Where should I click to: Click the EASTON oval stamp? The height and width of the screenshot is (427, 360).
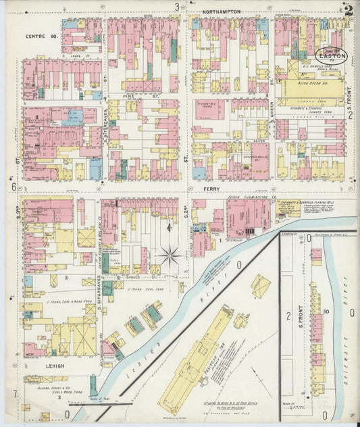(332, 55)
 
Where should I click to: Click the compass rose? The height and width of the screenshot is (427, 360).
(169, 256)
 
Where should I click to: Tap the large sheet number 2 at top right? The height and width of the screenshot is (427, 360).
(348, 9)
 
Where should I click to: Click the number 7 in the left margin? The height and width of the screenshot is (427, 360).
(13, 393)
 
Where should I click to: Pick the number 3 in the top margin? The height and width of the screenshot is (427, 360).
(178, 7)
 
